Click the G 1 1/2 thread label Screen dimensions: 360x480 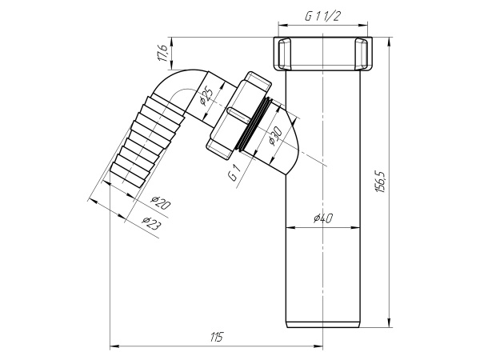[x=323, y=14]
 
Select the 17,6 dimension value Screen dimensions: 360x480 [x=162, y=54]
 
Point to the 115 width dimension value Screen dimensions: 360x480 [x=216, y=337]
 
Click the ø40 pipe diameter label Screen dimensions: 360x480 [x=323, y=218]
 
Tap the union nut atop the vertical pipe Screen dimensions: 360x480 [x=323, y=54]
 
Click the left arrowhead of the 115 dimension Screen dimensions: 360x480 [x=113, y=346]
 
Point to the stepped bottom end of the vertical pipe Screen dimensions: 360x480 [x=323, y=322]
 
